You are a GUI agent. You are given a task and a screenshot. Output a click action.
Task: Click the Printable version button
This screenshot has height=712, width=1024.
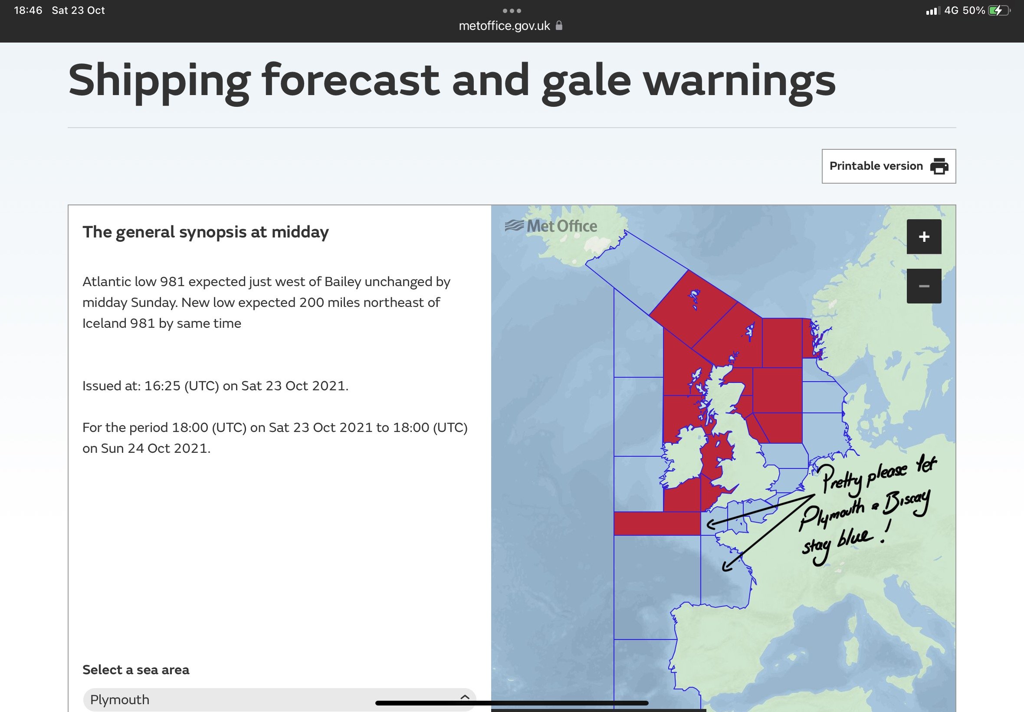coord(889,166)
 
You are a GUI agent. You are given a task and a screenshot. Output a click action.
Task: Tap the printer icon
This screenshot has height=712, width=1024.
coord(939,166)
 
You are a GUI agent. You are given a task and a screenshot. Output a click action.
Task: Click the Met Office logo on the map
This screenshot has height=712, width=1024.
coord(551,226)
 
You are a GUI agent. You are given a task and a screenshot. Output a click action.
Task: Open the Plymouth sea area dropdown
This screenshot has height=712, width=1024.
coord(279,699)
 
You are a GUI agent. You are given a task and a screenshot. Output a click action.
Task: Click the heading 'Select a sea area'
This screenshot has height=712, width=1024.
coord(136,669)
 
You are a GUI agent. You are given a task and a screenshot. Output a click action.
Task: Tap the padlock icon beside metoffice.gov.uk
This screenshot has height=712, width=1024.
coord(559,26)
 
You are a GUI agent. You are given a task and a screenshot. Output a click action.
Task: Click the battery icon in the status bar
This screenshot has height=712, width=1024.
coord(999,10)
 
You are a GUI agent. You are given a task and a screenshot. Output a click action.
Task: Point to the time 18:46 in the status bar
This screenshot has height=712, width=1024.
coord(28,10)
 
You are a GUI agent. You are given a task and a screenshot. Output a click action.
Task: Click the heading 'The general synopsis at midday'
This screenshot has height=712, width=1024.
coord(206,232)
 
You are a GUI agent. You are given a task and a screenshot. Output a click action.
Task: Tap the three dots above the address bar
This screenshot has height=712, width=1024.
coord(512,10)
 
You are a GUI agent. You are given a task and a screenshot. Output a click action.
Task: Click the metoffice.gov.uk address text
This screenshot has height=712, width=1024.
coord(504,26)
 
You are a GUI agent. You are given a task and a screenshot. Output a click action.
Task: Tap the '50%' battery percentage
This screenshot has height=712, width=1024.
coord(974,10)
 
